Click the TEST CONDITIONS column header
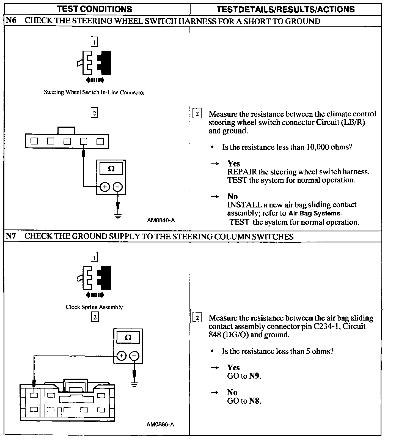pyautogui.click(x=95, y=9)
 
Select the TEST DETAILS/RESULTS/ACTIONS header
pyautogui.click(x=285, y=9)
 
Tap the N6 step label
pyautogui.click(x=11, y=21)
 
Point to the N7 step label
pyautogui.click(x=11, y=236)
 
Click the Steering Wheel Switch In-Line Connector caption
pyautogui.click(x=94, y=92)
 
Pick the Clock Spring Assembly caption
pyautogui.click(x=94, y=307)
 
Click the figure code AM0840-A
pyautogui.click(x=161, y=220)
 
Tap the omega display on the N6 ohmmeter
pyautogui.click(x=111, y=169)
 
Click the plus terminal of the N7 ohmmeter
pyautogui.click(x=122, y=356)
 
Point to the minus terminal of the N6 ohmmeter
pyautogui.click(x=118, y=187)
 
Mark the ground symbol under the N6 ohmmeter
pyautogui.click(x=118, y=215)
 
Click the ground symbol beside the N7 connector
pyautogui.click(x=134, y=384)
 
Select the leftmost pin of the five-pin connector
pyautogui.click(x=34, y=141)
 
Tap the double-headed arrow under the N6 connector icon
pyautogui.click(x=95, y=80)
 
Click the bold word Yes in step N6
pyautogui.click(x=233, y=164)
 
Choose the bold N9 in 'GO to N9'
pyautogui.click(x=255, y=376)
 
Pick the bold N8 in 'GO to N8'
pyautogui.click(x=255, y=401)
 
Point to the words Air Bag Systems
pyautogui.click(x=314, y=213)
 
